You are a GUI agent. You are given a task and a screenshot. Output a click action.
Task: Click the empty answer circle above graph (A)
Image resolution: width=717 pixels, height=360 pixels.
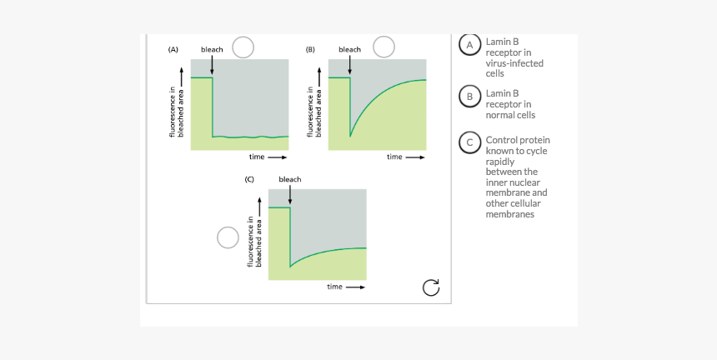pyautogui.click(x=243, y=47)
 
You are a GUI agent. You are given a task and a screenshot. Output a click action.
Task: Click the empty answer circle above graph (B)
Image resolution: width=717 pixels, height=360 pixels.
pyautogui.click(x=384, y=47)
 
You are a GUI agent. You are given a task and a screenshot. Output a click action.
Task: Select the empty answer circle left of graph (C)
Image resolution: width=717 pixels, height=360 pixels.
pyautogui.click(x=228, y=237)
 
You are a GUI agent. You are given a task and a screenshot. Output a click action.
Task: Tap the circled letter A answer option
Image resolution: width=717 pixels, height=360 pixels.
pyautogui.click(x=469, y=45)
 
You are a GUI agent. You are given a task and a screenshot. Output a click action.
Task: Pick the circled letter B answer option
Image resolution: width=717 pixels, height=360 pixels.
pyautogui.click(x=469, y=97)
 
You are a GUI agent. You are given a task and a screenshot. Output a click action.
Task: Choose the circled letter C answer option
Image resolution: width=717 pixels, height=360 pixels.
pyautogui.click(x=469, y=142)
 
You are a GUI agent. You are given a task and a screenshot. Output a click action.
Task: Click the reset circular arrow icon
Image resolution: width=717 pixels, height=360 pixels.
pyautogui.click(x=431, y=287)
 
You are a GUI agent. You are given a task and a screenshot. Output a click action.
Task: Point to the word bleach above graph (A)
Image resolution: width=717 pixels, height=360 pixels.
pyautogui.click(x=212, y=50)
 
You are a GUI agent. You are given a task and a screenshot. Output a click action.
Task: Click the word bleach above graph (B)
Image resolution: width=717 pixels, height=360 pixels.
pyautogui.click(x=350, y=50)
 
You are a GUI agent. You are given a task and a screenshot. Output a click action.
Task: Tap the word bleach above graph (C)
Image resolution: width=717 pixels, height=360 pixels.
pyautogui.click(x=290, y=179)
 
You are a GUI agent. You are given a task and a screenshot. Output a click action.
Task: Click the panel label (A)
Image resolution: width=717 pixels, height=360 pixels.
pyautogui.click(x=173, y=50)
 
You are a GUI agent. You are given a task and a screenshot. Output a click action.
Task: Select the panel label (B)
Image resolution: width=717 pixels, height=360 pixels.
pyautogui.click(x=310, y=50)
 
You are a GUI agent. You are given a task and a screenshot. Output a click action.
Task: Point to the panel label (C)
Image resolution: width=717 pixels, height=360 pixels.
pyautogui.click(x=249, y=179)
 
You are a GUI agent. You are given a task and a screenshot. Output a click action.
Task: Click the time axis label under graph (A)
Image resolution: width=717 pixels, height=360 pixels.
pyautogui.click(x=257, y=157)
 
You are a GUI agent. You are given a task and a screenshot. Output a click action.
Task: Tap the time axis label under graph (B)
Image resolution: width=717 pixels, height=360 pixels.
pyautogui.click(x=394, y=157)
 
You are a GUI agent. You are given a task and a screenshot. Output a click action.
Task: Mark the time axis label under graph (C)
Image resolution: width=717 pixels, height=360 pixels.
pyautogui.click(x=334, y=287)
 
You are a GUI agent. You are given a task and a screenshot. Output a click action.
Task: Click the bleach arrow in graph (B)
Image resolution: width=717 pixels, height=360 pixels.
pyautogui.click(x=350, y=65)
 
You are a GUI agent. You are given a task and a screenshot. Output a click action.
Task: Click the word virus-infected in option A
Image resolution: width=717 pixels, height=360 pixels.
pyautogui.click(x=514, y=63)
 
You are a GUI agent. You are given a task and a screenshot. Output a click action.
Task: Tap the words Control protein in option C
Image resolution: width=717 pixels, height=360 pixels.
pyautogui.click(x=518, y=140)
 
